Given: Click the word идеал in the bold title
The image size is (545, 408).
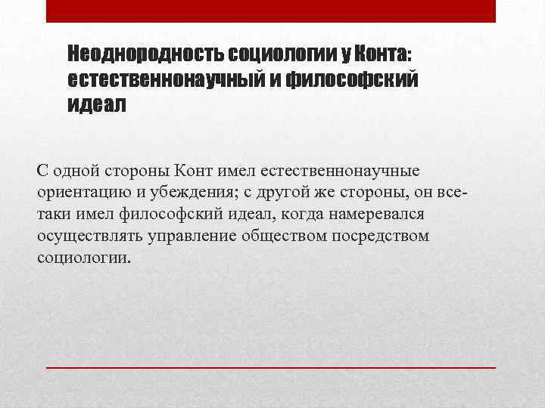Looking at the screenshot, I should pos(98,104).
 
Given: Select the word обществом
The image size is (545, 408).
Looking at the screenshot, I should pos(285,236).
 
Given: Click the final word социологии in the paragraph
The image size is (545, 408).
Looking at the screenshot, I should pos(83,258).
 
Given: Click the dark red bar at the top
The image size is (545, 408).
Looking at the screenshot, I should pos(271,11).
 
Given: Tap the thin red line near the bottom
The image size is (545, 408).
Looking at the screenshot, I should pos(271,366).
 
